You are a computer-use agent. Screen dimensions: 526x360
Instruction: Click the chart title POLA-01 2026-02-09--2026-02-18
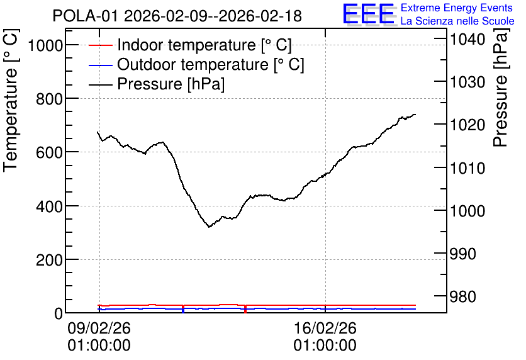coord(177,16)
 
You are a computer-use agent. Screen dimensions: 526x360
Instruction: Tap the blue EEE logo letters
coord(369,13)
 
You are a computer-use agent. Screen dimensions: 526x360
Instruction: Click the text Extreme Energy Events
coord(457,8)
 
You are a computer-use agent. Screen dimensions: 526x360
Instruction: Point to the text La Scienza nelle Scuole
coord(457,21)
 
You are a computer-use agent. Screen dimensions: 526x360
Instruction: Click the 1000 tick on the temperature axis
coord(45,45)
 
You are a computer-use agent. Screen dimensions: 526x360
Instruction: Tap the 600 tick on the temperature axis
coord(49,152)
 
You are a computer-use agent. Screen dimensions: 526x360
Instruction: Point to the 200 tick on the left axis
coord(49,260)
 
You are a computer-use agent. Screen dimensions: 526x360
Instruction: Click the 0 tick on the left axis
coord(59,313)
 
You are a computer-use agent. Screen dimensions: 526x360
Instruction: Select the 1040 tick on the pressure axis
coord(467,39)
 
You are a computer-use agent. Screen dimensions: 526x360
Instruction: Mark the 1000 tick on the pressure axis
coord(467,211)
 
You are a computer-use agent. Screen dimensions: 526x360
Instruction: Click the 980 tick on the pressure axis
coord(462,296)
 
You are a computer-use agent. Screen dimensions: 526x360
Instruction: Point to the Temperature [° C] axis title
coord(11,101)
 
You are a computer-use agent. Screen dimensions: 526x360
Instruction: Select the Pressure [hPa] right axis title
coord(501,87)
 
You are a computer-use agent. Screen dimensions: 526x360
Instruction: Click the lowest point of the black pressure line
coord(209,227)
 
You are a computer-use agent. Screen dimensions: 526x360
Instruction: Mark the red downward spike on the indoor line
coord(245,309)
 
